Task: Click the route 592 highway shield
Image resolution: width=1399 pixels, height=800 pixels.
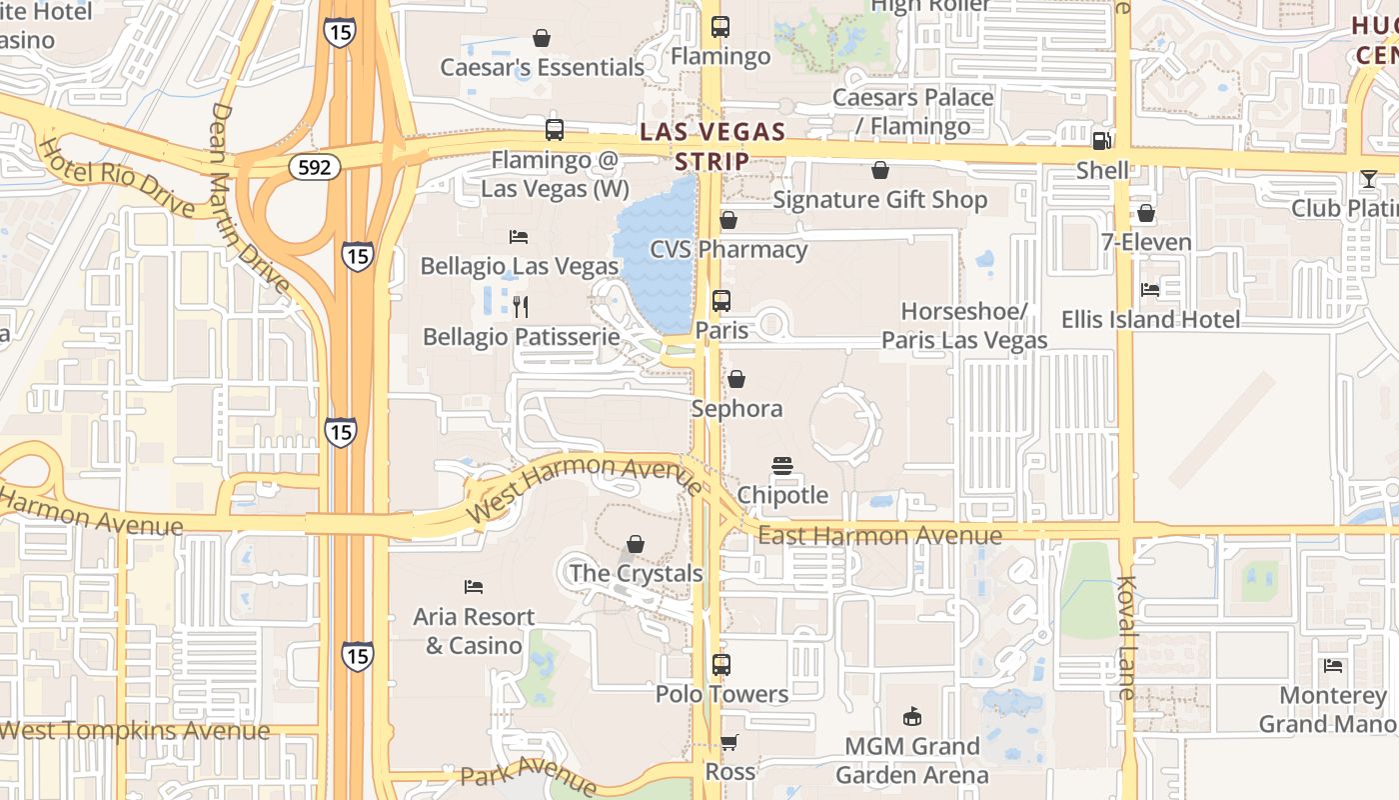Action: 314,167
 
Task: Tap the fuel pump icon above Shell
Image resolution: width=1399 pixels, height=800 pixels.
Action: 1102,141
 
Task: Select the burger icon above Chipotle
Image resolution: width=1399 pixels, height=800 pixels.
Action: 781,466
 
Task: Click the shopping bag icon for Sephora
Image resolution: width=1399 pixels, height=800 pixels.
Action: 736,379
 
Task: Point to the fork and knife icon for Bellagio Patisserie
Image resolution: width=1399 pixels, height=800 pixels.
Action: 520,307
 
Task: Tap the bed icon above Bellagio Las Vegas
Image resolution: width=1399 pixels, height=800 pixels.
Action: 519,237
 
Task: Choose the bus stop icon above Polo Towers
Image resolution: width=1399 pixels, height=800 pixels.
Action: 720,664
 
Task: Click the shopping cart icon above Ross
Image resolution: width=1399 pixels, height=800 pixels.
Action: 729,743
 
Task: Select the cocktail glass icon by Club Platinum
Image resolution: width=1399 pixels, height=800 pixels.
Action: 1368,179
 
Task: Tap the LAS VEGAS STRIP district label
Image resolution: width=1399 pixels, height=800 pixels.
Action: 712,146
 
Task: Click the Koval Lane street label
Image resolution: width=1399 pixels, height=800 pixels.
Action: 1127,637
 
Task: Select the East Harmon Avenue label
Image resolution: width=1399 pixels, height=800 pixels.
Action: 879,536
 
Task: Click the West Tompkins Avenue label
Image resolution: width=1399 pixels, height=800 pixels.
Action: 135,731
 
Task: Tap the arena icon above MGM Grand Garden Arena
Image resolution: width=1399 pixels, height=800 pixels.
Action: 911,716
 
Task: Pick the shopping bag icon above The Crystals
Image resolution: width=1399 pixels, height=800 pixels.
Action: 636,544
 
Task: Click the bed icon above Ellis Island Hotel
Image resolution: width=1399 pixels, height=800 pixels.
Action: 1150,290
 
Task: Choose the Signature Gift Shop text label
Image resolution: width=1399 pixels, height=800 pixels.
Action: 879,200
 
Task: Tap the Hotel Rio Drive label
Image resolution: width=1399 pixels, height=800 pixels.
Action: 116,176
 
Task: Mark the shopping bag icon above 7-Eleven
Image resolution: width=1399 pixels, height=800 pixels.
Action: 1146,213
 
